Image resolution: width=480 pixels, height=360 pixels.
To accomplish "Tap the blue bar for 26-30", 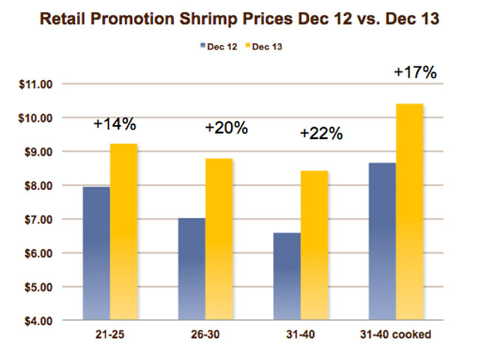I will pyautogui.click(x=191, y=269).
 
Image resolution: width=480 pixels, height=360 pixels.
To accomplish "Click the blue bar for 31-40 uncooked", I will pyautogui.click(x=287, y=276).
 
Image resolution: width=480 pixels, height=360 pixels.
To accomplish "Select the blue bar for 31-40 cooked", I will pyautogui.click(x=381, y=241).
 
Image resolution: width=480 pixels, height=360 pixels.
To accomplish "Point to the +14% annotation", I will pyautogui.click(x=115, y=123).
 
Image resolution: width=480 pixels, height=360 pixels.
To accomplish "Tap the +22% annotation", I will pyautogui.click(x=321, y=134).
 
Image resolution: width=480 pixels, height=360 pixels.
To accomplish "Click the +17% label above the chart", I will pyautogui.click(x=415, y=73).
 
